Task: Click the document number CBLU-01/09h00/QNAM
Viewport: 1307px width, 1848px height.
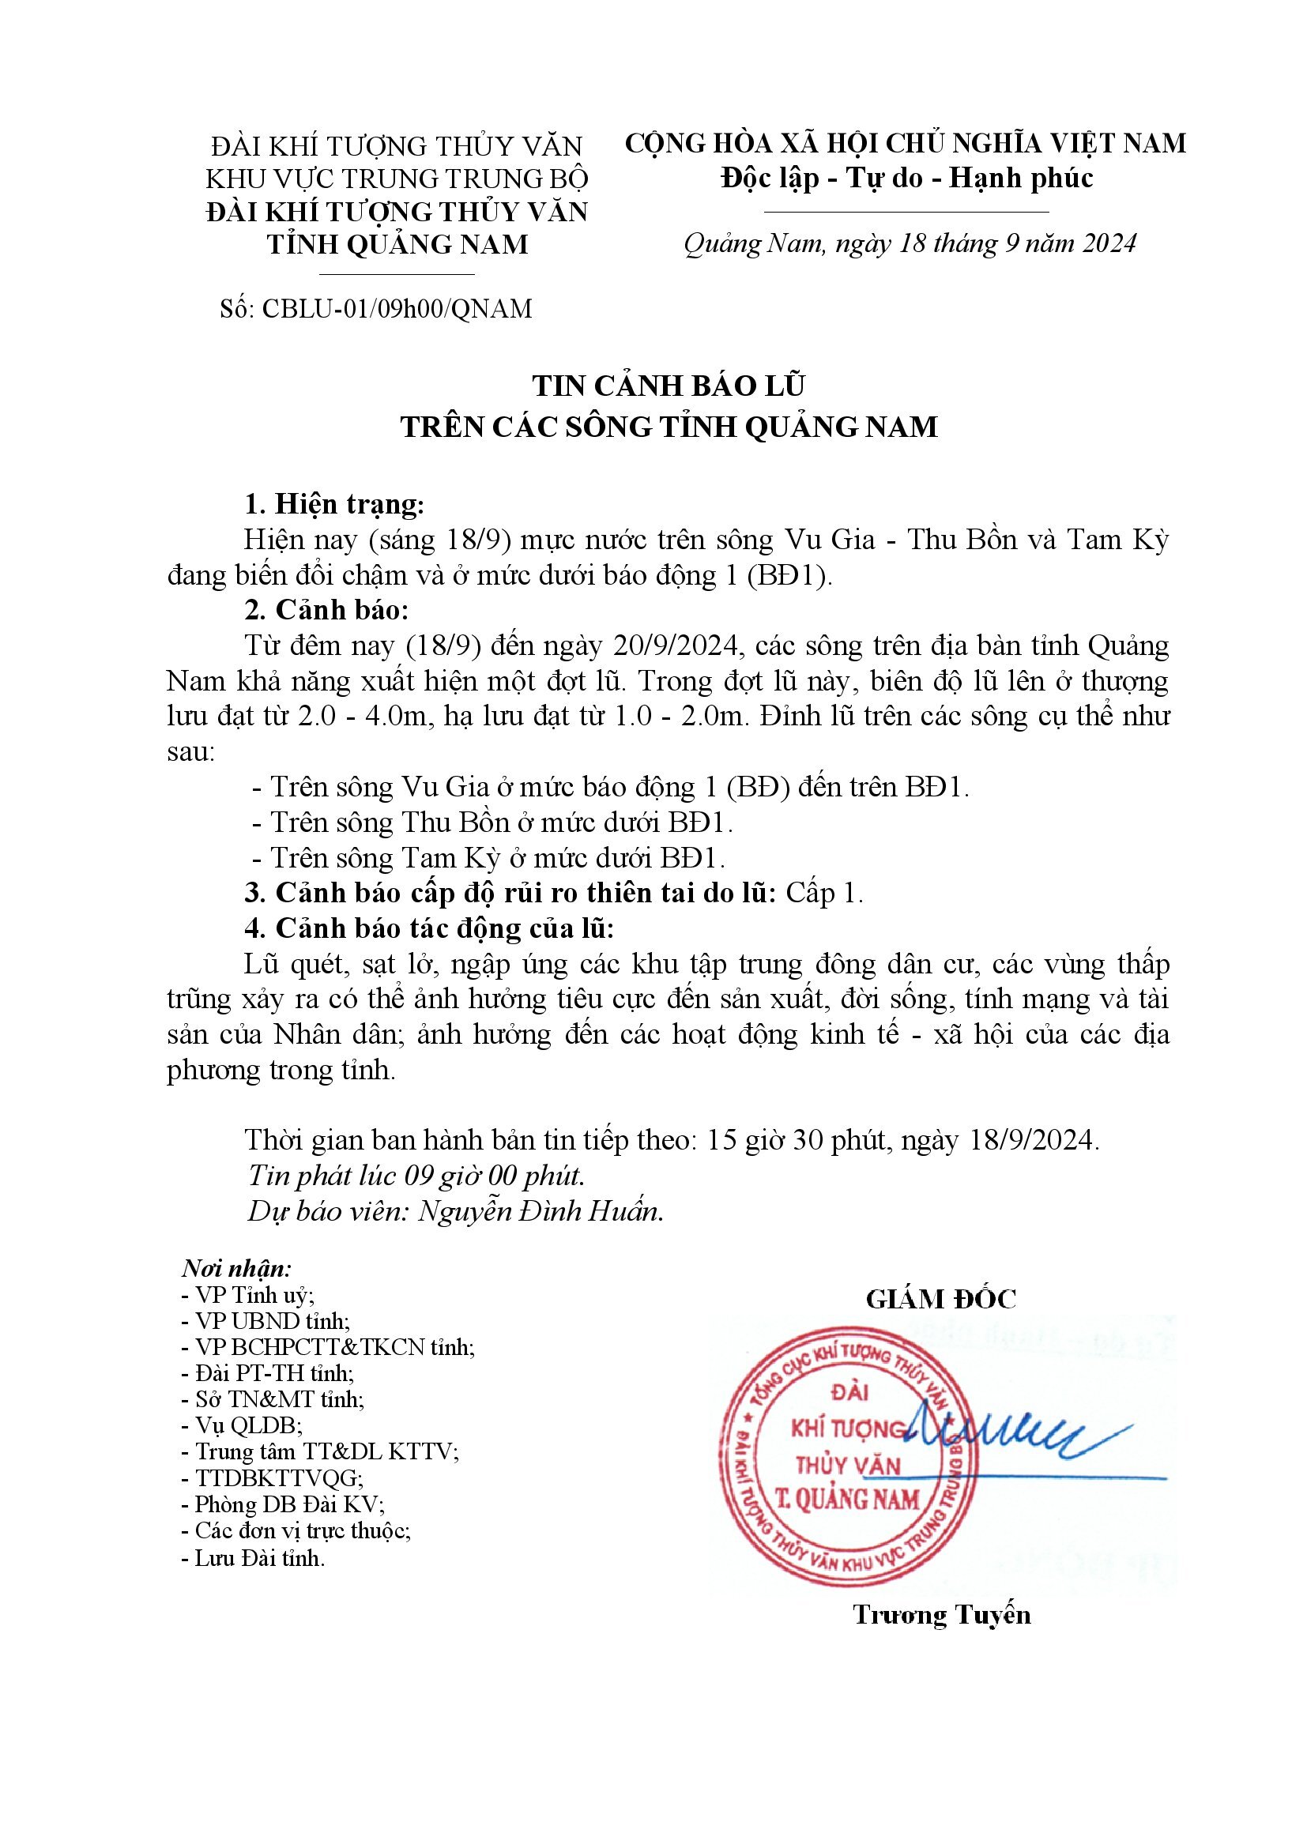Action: (x=397, y=309)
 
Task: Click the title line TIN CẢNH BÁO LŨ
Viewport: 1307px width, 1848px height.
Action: (x=668, y=386)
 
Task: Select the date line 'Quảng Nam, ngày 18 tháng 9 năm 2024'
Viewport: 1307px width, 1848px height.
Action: (x=910, y=244)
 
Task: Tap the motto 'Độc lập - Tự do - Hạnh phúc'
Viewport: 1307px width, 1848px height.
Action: (x=906, y=178)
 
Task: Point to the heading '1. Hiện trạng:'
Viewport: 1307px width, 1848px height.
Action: (x=334, y=505)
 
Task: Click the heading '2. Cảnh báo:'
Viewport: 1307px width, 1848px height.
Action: (x=327, y=610)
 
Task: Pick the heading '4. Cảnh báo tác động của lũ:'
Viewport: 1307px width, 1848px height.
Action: (x=429, y=929)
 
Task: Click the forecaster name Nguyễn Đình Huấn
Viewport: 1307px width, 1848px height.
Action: (x=541, y=1211)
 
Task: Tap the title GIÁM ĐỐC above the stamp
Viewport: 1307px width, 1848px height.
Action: (x=941, y=1298)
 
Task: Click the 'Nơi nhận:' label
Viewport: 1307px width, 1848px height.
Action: (x=236, y=1269)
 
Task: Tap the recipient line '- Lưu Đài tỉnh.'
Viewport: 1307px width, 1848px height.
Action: (x=254, y=1558)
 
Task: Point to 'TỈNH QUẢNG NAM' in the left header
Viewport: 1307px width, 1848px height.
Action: (x=397, y=244)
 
